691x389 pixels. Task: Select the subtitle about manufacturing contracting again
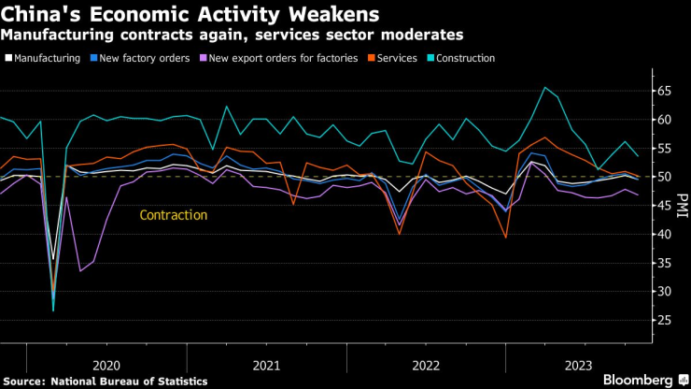click(x=232, y=36)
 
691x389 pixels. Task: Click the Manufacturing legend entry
click(x=41, y=58)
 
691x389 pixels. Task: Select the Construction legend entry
click(x=464, y=58)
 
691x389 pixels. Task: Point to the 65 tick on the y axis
click(x=664, y=92)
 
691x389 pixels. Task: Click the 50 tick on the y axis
click(x=664, y=177)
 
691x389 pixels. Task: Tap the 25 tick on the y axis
click(x=664, y=321)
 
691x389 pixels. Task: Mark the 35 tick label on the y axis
click(x=664, y=263)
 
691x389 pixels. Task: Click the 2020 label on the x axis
click(x=106, y=365)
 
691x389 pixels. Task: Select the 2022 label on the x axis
click(x=426, y=365)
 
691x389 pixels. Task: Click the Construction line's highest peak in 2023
click(x=544, y=88)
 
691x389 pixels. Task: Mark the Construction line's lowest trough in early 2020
click(x=53, y=310)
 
